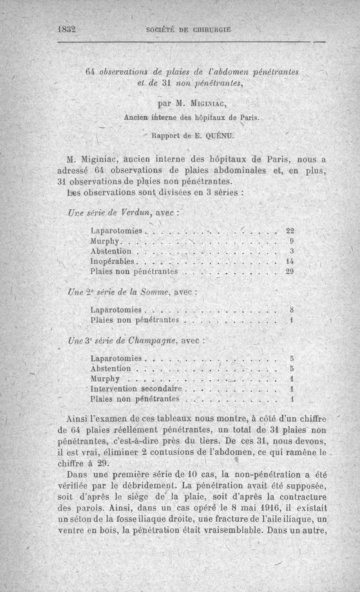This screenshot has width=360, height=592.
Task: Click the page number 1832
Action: click(x=66, y=30)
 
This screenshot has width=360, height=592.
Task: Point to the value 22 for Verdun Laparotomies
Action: click(x=290, y=231)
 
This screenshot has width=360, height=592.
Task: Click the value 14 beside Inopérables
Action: click(x=290, y=261)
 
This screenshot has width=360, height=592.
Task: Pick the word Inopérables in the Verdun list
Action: click(x=112, y=262)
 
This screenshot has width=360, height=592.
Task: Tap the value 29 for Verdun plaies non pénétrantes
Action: click(x=290, y=271)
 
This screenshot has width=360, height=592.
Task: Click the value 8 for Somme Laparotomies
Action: click(x=292, y=310)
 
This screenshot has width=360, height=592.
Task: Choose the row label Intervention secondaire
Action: click(x=135, y=389)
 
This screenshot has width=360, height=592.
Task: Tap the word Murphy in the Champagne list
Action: click(x=105, y=379)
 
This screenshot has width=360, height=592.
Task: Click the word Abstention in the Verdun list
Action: click(x=111, y=251)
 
